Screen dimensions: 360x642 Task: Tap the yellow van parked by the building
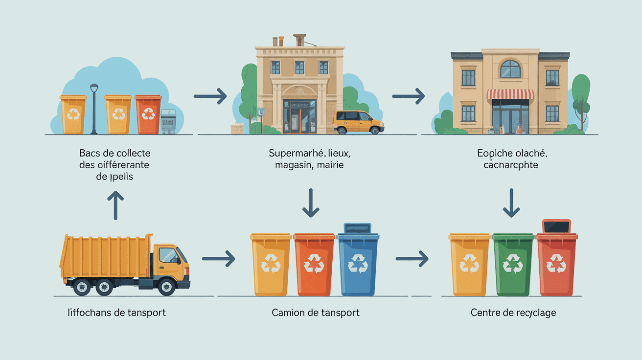click(358, 122)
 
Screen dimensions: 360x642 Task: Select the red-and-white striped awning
click(510, 93)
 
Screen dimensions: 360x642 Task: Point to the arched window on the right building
click(510, 69)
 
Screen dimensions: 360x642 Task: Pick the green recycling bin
click(513, 264)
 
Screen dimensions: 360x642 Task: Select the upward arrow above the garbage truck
click(115, 205)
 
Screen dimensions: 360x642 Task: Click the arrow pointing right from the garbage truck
click(218, 258)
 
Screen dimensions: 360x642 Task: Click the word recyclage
click(532, 312)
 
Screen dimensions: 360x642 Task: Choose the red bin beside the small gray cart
click(148, 114)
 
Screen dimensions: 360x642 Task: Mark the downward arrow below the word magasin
click(310, 203)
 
